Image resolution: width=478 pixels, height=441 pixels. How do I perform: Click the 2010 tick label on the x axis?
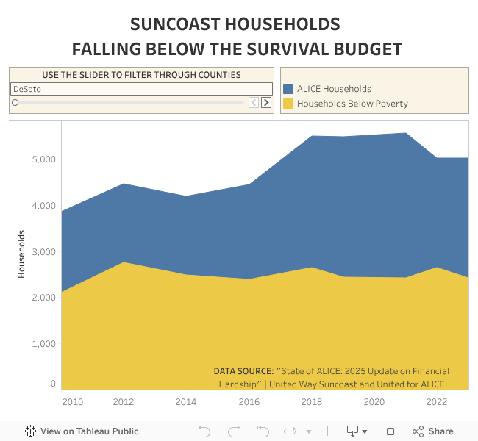click(72, 402)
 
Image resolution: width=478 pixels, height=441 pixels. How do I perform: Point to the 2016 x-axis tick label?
click(249, 402)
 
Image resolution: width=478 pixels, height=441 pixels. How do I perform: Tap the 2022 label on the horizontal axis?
click(437, 402)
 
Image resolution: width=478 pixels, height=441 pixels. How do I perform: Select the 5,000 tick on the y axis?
click(44, 159)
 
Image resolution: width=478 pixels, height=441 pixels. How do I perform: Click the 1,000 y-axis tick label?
click(44, 344)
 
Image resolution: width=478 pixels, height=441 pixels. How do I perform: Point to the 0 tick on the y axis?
click(53, 384)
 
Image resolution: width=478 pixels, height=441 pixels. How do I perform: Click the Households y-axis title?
click(22, 254)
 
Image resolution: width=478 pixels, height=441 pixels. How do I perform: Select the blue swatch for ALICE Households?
click(288, 89)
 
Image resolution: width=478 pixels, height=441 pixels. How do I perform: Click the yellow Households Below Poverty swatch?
click(288, 104)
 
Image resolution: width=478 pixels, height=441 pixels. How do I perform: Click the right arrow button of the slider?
click(266, 103)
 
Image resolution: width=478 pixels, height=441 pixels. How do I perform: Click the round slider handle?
click(15, 103)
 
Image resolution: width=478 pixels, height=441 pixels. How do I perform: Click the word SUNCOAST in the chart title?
click(174, 24)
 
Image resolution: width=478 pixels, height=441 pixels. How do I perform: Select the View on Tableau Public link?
click(82, 431)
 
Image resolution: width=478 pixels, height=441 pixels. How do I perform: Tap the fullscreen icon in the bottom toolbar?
click(390, 431)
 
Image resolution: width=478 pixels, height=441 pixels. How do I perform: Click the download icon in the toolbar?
click(353, 431)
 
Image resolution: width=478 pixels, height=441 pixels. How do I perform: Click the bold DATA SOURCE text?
click(243, 371)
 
